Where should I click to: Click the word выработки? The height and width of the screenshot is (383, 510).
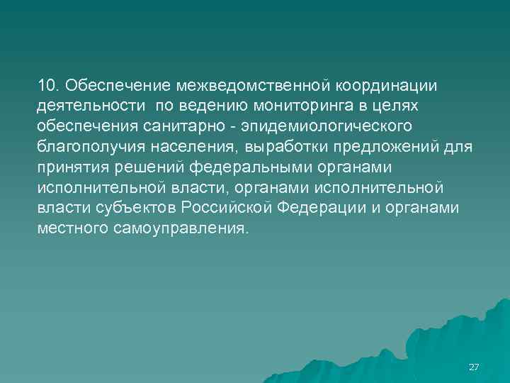click(x=305, y=147)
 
